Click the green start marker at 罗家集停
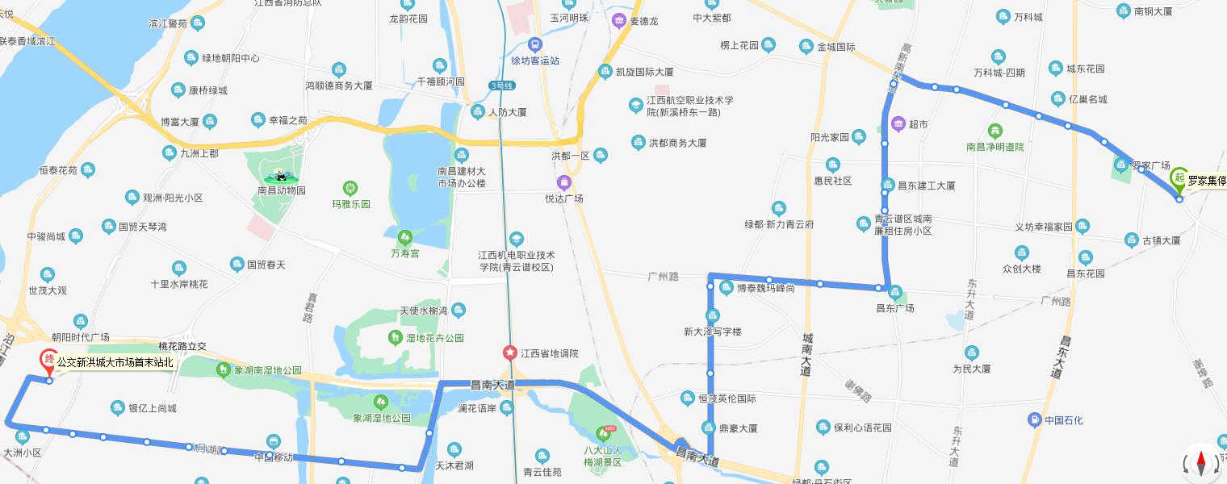click(x=1179, y=179)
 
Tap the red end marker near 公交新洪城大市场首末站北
click(x=49, y=361)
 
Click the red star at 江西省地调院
click(x=509, y=353)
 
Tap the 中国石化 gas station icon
click(x=1034, y=419)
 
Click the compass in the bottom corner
click(x=1200, y=463)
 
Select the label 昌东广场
click(x=895, y=307)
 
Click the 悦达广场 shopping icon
click(x=563, y=182)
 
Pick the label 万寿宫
click(x=405, y=253)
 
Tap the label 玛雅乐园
click(x=351, y=204)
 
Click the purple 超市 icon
click(x=898, y=124)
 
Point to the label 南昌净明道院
click(x=995, y=147)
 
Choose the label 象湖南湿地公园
click(x=268, y=370)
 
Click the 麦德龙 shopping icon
click(x=619, y=21)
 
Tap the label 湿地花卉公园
click(x=434, y=338)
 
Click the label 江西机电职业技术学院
click(x=516, y=261)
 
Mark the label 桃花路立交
click(x=182, y=346)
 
